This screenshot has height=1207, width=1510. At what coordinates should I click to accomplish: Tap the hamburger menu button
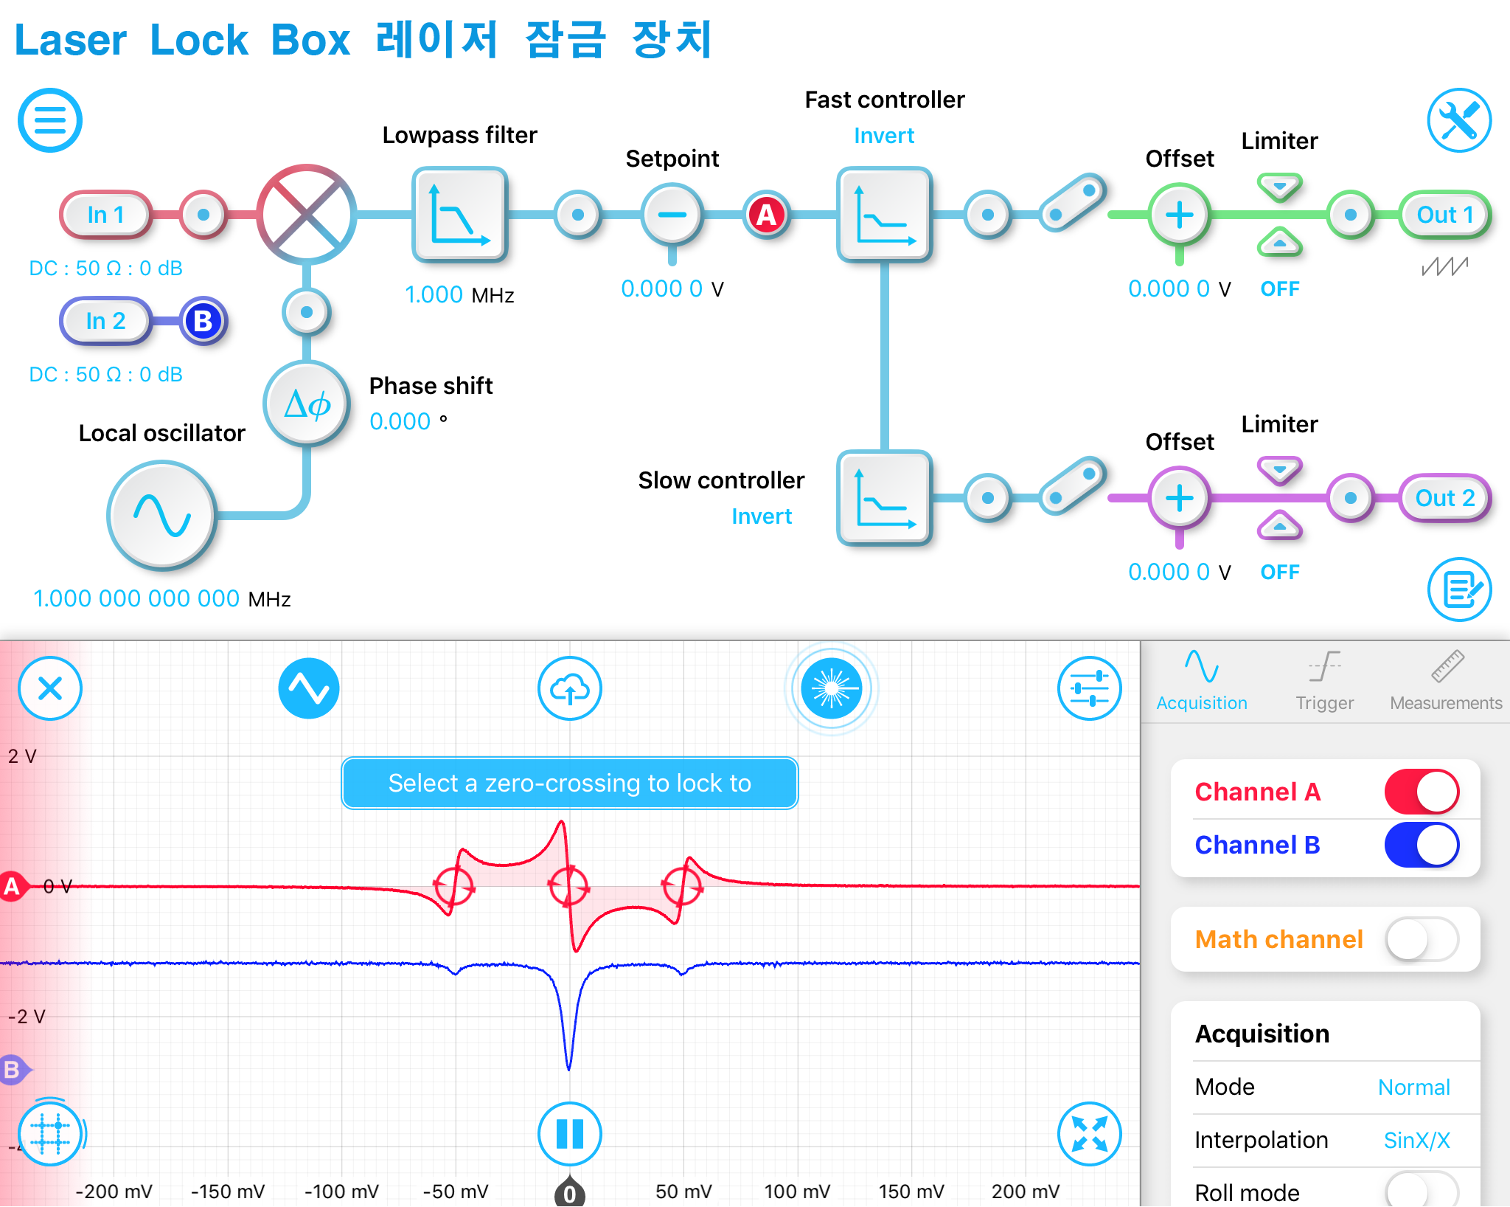(x=50, y=120)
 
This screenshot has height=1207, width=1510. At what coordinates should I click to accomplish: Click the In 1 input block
(x=105, y=215)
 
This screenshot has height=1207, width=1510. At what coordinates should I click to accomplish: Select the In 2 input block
(x=105, y=321)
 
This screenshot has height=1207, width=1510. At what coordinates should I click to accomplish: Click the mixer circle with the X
(x=307, y=215)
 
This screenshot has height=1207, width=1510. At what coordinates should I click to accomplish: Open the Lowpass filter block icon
(x=459, y=215)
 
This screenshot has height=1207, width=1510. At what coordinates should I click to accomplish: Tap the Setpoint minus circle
(x=672, y=215)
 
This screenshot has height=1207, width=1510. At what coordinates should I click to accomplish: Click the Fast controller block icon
(x=884, y=215)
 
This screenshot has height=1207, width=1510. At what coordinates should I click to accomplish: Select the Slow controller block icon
(x=884, y=498)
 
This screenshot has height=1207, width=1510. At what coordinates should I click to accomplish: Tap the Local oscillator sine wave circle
(x=161, y=515)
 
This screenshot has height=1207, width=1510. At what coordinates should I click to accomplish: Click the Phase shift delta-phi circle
(x=307, y=404)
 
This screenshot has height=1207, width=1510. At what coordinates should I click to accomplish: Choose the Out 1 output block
(x=1444, y=215)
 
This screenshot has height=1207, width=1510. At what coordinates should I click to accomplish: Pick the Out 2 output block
(x=1444, y=498)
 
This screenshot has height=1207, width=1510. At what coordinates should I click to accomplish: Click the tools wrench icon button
(x=1458, y=120)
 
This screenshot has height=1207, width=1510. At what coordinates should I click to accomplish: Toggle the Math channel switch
(x=1422, y=939)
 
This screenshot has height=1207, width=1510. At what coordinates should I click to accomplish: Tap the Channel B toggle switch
(x=1422, y=845)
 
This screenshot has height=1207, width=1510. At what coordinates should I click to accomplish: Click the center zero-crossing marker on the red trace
(x=568, y=886)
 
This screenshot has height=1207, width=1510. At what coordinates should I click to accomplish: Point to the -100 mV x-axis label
(x=341, y=1192)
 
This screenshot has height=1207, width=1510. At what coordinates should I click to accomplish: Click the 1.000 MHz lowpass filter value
(x=434, y=295)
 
